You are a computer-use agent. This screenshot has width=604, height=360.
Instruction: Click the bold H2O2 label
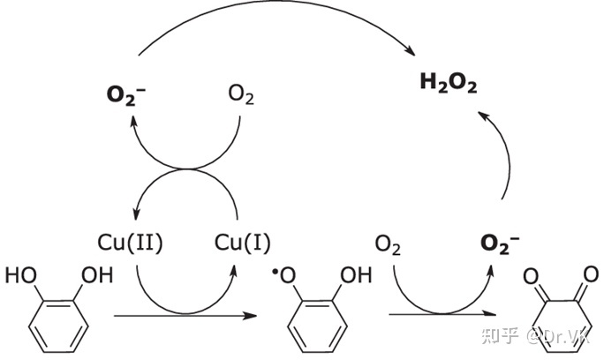point(449,84)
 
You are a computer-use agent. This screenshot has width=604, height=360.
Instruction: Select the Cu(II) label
point(131,242)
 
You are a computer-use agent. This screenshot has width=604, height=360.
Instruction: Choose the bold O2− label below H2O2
point(499,242)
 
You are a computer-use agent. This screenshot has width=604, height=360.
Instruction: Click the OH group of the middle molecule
point(355,275)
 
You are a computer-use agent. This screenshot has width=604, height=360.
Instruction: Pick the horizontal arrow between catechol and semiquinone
point(177,314)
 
